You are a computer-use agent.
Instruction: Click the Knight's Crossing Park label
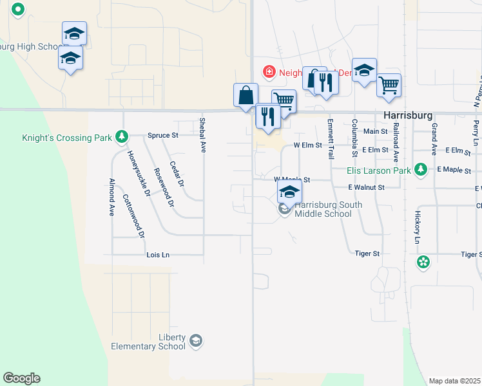(63, 137)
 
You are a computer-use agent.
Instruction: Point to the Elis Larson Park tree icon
(421, 169)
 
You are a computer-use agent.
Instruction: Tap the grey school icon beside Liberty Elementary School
(196, 340)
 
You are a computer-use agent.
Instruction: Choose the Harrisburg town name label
(407, 115)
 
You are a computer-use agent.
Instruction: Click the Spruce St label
(162, 136)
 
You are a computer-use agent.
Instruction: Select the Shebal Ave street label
(202, 134)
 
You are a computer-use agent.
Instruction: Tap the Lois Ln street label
(157, 255)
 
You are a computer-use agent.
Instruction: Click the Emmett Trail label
(331, 139)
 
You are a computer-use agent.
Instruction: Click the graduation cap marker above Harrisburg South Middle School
(289, 192)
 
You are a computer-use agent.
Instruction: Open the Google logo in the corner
(21, 378)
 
